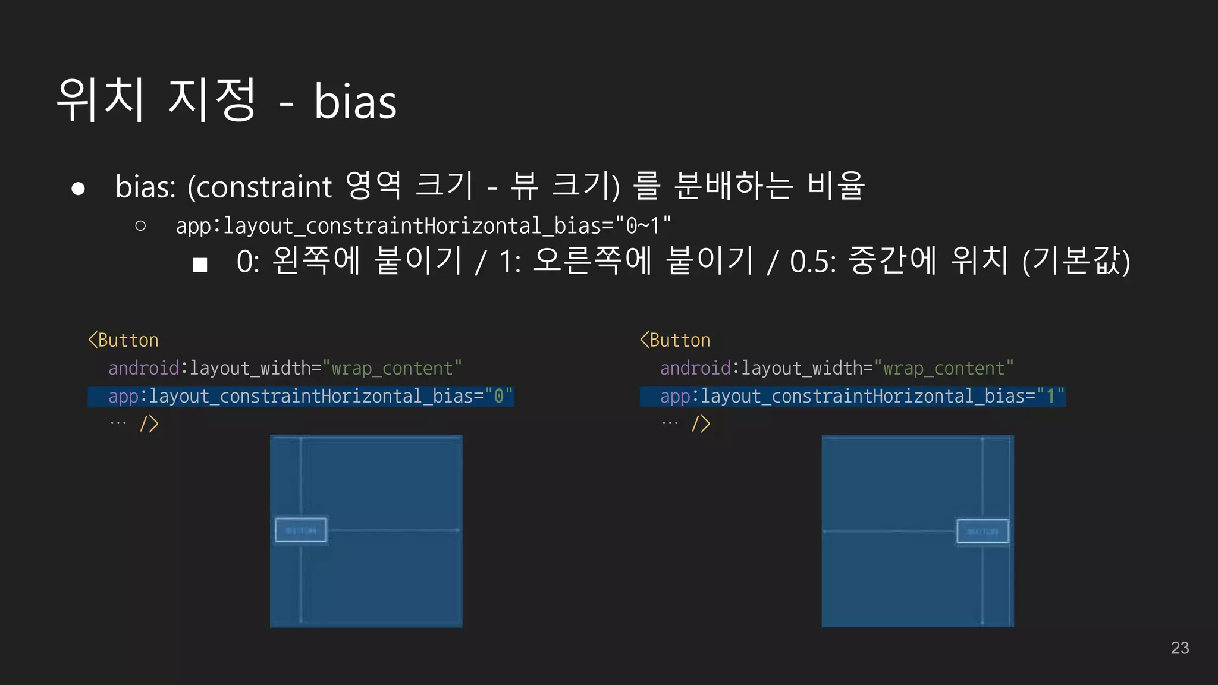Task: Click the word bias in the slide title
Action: [x=355, y=102]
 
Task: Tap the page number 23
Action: [x=1179, y=648]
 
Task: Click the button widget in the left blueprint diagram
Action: [x=301, y=530]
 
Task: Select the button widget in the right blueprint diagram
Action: [x=982, y=531]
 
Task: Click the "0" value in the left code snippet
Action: [x=499, y=396]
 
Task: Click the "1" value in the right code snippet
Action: [x=1051, y=396]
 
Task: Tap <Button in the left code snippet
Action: [x=123, y=340]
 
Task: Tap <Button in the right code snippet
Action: [x=675, y=340]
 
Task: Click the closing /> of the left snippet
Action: [x=149, y=424]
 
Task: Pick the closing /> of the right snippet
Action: [x=701, y=424]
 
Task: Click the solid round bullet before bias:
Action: [x=78, y=188]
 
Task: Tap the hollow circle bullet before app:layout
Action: [x=140, y=225]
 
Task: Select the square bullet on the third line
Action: [x=200, y=265]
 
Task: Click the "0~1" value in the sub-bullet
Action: [x=643, y=226]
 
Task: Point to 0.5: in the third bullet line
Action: [x=813, y=262]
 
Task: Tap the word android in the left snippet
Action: [x=144, y=368]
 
